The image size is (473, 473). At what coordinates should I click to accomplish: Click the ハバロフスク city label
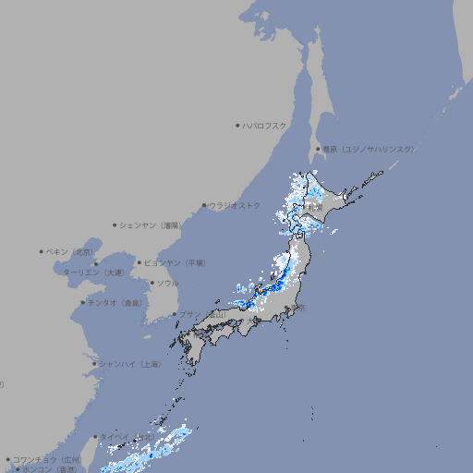click(x=265, y=125)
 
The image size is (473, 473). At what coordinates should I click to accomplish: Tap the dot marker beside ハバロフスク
click(x=237, y=125)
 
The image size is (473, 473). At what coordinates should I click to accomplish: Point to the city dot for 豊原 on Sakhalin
click(x=318, y=149)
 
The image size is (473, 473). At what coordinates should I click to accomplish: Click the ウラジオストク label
click(x=235, y=205)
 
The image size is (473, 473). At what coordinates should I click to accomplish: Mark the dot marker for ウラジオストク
click(x=204, y=206)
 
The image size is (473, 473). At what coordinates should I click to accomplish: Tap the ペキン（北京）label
click(x=71, y=251)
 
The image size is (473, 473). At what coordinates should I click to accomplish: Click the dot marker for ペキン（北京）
click(x=42, y=251)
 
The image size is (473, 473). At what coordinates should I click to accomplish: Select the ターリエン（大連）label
click(x=93, y=273)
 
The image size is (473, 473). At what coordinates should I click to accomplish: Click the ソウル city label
click(x=167, y=283)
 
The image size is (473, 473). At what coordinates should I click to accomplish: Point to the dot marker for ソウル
click(x=152, y=283)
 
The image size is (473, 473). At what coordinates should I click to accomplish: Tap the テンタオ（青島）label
click(x=115, y=302)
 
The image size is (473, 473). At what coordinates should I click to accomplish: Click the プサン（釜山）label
click(x=202, y=314)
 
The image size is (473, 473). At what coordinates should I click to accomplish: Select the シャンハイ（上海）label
click(x=130, y=364)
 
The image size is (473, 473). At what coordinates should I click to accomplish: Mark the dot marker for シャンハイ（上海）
click(x=94, y=364)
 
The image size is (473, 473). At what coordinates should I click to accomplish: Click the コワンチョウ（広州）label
click(x=47, y=459)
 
